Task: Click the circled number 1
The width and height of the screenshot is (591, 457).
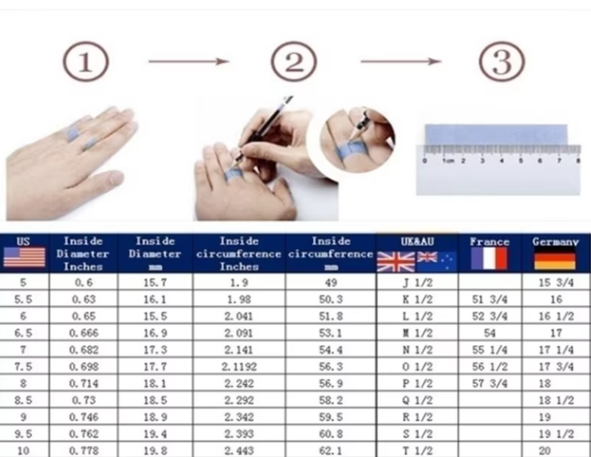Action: (x=85, y=62)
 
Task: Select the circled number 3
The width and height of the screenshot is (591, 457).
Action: (x=501, y=62)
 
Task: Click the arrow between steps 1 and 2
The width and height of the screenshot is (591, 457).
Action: (x=188, y=62)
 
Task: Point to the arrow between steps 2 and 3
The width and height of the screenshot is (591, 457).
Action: (x=400, y=62)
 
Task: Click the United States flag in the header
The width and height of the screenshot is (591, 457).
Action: (x=24, y=257)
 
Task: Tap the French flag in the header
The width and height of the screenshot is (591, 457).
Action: (x=489, y=258)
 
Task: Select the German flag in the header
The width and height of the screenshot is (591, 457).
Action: (x=554, y=259)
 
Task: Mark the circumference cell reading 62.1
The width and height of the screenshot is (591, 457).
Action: (x=331, y=450)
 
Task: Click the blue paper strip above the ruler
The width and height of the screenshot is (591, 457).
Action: (x=495, y=134)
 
